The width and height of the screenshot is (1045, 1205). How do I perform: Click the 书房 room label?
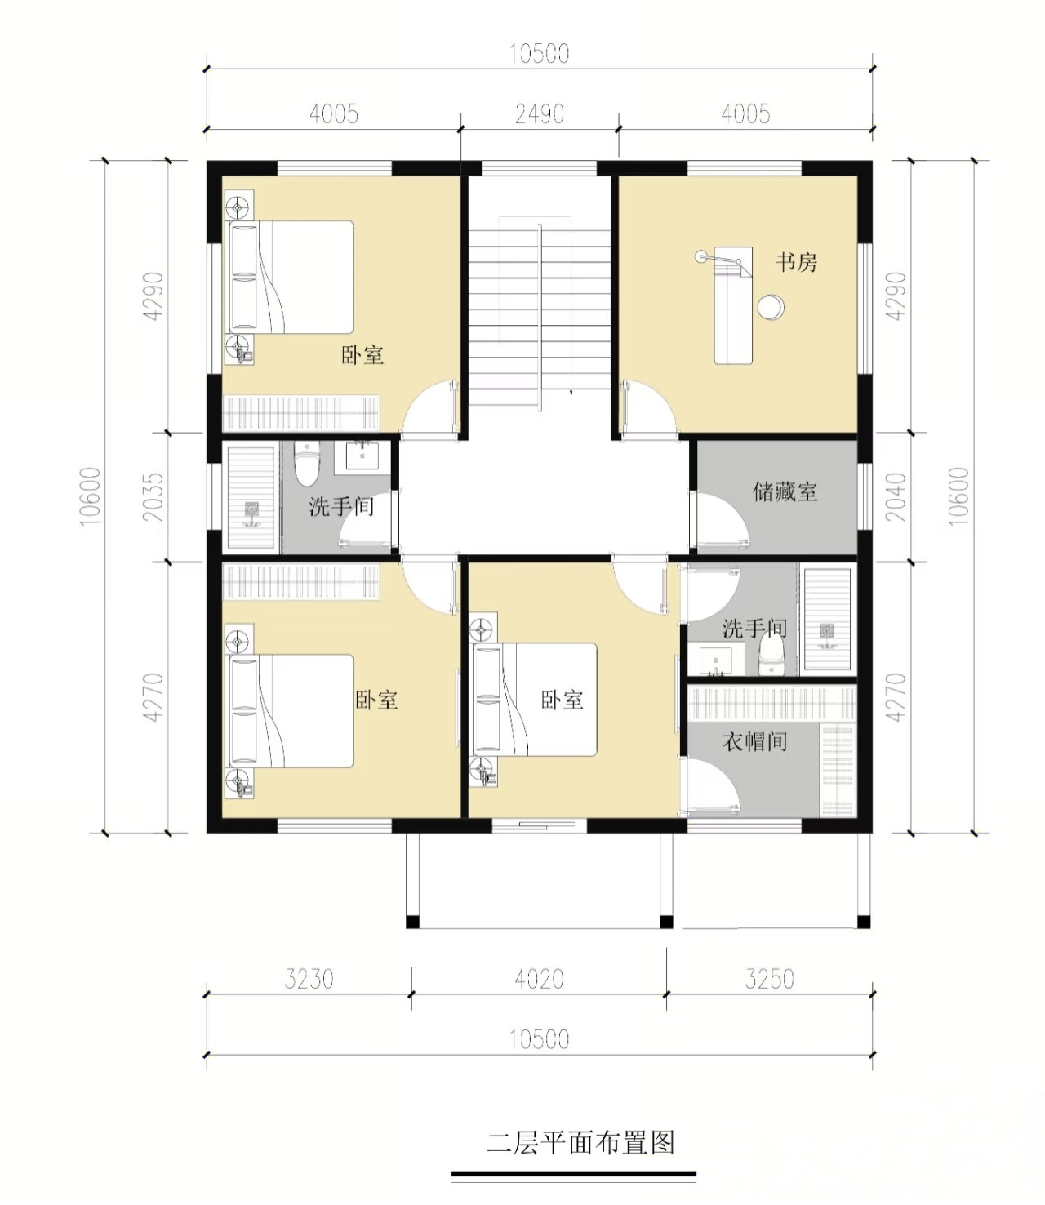(x=796, y=262)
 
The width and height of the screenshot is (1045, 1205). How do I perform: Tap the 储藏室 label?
(x=785, y=491)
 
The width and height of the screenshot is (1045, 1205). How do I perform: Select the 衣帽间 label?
(x=754, y=741)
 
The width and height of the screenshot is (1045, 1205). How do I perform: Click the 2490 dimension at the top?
(x=540, y=113)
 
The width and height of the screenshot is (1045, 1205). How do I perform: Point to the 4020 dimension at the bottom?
(x=539, y=979)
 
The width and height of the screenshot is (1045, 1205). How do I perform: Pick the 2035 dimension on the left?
(x=154, y=496)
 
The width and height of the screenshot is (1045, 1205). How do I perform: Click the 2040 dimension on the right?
(x=896, y=496)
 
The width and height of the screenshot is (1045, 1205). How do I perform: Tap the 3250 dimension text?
(x=769, y=979)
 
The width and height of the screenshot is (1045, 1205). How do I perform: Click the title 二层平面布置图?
(x=580, y=1143)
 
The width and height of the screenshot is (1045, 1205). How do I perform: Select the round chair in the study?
(x=771, y=307)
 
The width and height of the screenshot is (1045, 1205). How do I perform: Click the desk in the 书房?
(x=734, y=305)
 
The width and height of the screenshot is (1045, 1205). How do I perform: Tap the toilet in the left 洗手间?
(x=307, y=464)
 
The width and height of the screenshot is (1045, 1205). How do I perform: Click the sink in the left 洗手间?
(x=362, y=456)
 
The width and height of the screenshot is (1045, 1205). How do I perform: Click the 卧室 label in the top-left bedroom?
(x=362, y=354)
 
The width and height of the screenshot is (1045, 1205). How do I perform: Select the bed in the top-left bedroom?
(x=291, y=277)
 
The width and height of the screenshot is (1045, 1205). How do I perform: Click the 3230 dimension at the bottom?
(x=309, y=979)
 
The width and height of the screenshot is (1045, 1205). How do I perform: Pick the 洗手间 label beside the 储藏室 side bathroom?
(x=754, y=628)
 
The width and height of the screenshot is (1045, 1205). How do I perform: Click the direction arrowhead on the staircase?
(x=571, y=394)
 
